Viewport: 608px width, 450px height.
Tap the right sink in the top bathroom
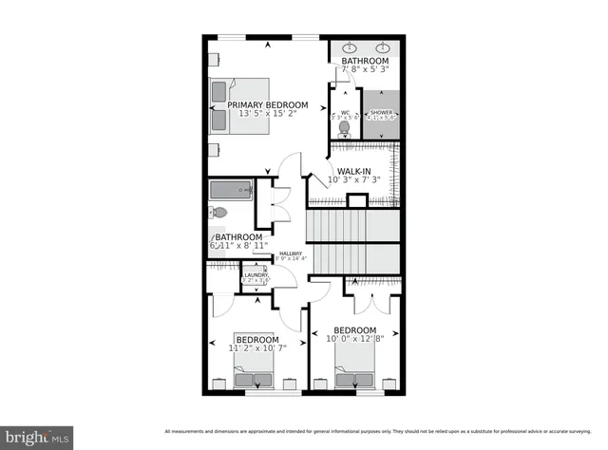click(x=385, y=48)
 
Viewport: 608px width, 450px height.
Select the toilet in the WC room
click(x=346, y=126)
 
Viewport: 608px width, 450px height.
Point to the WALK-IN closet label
click(x=353, y=171)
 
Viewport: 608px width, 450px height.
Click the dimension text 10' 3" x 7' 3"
click(x=353, y=180)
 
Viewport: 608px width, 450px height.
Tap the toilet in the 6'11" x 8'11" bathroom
click(x=219, y=214)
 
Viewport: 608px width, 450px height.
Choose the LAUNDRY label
click(x=256, y=275)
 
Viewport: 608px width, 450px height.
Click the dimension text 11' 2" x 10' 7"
click(x=257, y=348)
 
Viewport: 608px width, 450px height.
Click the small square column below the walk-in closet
click(x=356, y=200)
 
